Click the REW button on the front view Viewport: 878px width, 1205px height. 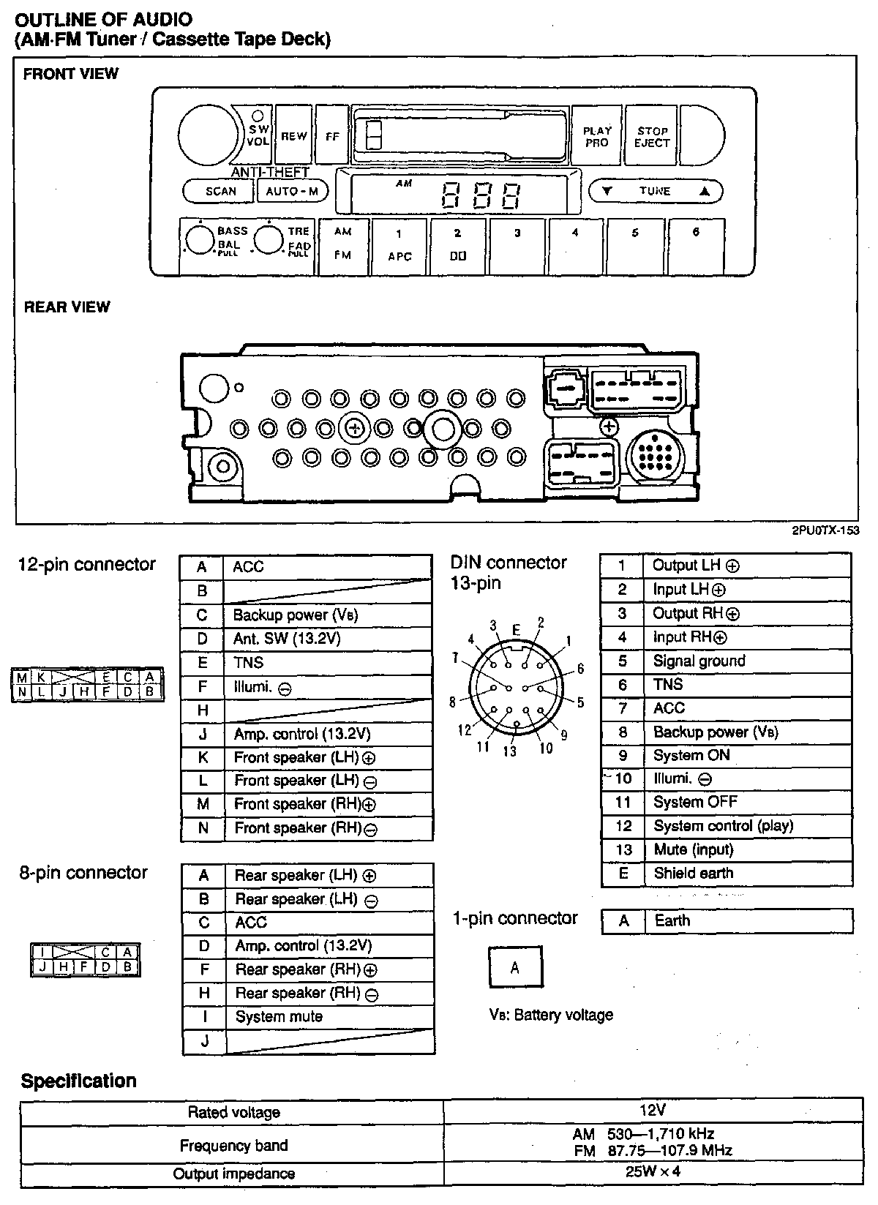[293, 136]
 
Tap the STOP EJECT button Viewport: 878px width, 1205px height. [652, 137]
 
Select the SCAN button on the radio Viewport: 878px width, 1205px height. [220, 191]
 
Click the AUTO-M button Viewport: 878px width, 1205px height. [292, 191]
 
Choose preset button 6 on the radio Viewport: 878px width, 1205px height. [696, 247]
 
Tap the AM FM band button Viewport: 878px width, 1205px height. [342, 245]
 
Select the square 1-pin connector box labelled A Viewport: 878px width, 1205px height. [515, 967]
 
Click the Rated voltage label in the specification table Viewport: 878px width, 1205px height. [233, 1113]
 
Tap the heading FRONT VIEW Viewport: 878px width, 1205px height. [70, 74]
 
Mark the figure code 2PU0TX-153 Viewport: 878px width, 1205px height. [825, 531]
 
